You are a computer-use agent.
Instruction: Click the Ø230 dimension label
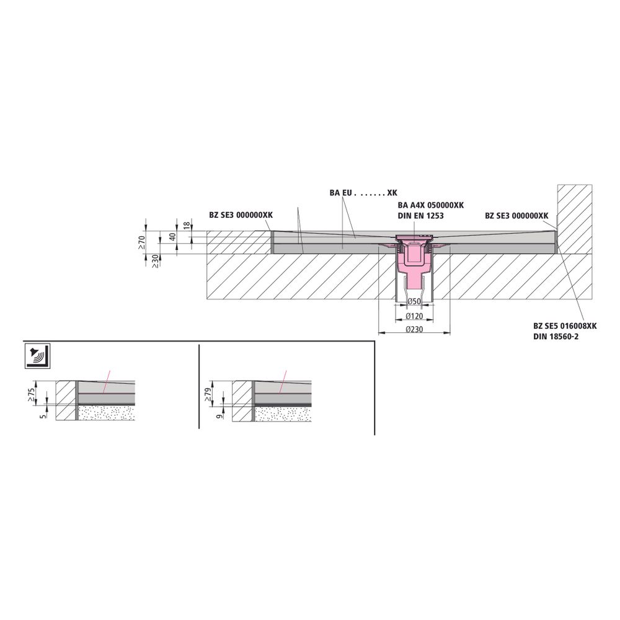coord(414,329)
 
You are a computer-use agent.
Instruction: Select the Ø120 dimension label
coord(414,316)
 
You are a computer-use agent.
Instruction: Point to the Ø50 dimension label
coord(414,302)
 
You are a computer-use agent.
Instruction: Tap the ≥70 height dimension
coord(142,242)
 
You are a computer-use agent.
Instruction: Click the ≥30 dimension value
coord(156,261)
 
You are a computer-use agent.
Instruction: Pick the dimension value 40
coord(172,237)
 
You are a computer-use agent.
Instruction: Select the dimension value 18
coord(187,226)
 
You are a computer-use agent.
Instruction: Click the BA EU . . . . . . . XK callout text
coord(363,193)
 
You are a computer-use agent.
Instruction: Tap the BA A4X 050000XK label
coord(431,205)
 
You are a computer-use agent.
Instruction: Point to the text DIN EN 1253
coord(421,216)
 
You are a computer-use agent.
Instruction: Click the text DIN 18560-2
coord(556,337)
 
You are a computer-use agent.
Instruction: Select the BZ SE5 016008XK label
coord(565,326)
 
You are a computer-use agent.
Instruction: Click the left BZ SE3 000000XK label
coord(241,215)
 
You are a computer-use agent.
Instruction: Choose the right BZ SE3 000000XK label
coord(516,216)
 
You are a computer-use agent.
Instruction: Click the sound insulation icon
coord(38,356)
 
